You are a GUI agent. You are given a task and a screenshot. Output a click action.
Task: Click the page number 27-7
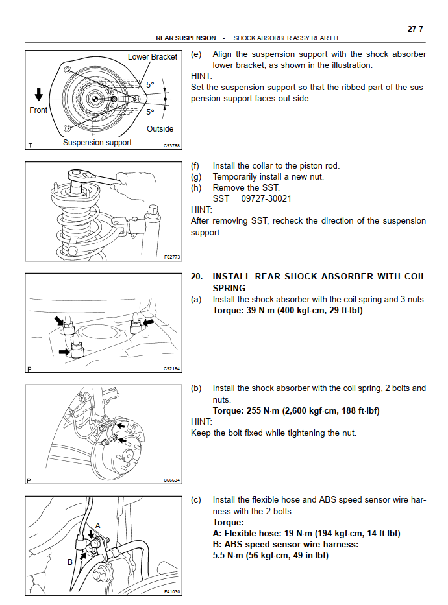click(x=415, y=29)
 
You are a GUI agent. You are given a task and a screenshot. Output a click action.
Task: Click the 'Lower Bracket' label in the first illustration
click(x=152, y=57)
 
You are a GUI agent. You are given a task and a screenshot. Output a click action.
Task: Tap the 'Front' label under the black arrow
click(x=38, y=110)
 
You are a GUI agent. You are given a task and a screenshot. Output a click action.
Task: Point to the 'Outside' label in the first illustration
click(x=160, y=129)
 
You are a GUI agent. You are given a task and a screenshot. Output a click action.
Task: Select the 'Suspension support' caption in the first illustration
click(x=97, y=143)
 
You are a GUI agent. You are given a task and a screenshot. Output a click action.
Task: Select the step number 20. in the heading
click(x=197, y=276)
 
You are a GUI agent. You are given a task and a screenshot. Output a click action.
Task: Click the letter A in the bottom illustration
click(x=98, y=525)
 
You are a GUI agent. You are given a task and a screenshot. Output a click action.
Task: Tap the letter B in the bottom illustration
click(x=70, y=562)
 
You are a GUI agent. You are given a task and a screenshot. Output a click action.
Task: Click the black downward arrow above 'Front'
click(x=39, y=95)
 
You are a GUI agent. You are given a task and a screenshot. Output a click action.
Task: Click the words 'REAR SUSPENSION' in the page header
click(x=186, y=38)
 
